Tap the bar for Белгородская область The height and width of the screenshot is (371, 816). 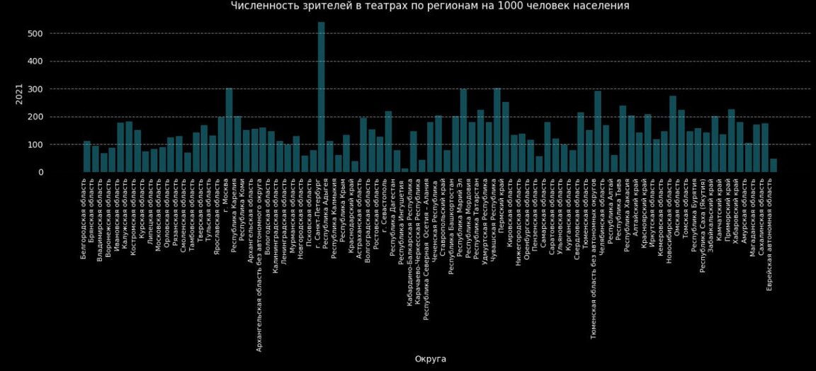(86, 156)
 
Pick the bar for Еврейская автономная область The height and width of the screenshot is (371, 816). (773, 165)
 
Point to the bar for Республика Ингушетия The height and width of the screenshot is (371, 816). (404, 170)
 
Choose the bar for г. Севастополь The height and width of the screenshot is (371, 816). (388, 142)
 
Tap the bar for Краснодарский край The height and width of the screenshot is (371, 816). (354, 166)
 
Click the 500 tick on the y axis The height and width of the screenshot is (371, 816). (35, 34)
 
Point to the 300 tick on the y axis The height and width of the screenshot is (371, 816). (35, 89)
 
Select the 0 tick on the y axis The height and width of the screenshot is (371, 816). (40, 172)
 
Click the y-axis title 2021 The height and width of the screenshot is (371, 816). (19, 93)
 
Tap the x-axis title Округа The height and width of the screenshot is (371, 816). (430, 359)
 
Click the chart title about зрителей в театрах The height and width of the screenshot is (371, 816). (430, 6)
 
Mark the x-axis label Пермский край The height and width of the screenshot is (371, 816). (505, 206)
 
